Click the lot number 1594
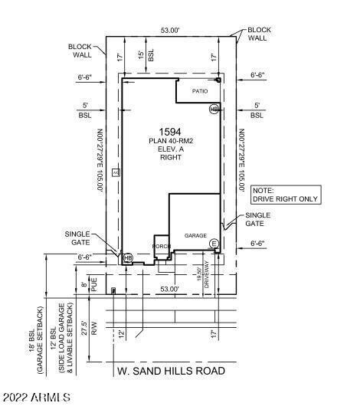pyautogui.click(x=169, y=132)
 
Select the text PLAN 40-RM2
pyautogui.click(x=170, y=142)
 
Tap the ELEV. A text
pyautogui.click(x=170, y=150)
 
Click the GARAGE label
pyautogui.click(x=195, y=235)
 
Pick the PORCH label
pyautogui.click(x=161, y=246)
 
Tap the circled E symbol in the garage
pyautogui.click(x=214, y=244)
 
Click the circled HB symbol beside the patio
pyautogui.click(x=214, y=110)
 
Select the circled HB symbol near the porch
pyautogui.click(x=128, y=257)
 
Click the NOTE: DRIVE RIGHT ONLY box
pyautogui.click(x=285, y=195)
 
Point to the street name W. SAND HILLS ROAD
pyautogui.click(x=171, y=371)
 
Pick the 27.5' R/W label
pyautogui.click(x=94, y=329)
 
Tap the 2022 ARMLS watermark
pyautogui.click(x=37, y=398)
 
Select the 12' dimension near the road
pyautogui.click(x=121, y=334)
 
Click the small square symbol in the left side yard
pyautogui.click(x=116, y=172)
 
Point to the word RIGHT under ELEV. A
pyautogui.click(x=170, y=159)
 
